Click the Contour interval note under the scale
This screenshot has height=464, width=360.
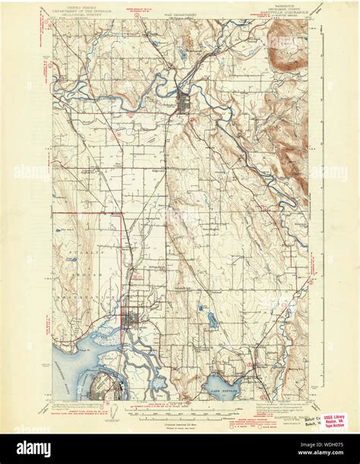coord(179,420)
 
